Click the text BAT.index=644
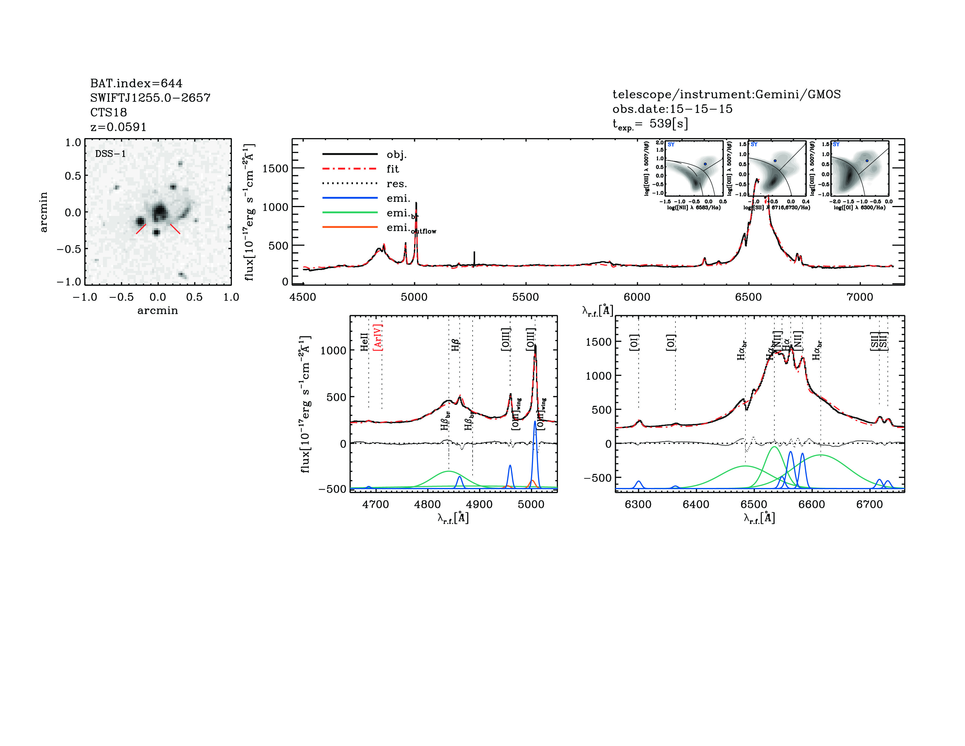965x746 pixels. point(136,83)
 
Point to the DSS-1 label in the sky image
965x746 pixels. point(111,154)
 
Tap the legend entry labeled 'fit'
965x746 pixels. point(392,169)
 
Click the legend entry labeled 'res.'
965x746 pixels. point(396,184)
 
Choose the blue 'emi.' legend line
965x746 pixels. point(350,198)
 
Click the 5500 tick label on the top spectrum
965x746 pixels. point(525,297)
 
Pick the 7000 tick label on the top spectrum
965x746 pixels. point(859,297)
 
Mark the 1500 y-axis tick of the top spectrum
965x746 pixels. point(275,169)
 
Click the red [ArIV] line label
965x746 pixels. point(378,337)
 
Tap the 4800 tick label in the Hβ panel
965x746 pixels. point(427,504)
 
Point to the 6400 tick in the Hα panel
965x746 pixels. point(696,504)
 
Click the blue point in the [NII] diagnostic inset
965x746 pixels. point(705,164)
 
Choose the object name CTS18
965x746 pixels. point(109,112)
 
